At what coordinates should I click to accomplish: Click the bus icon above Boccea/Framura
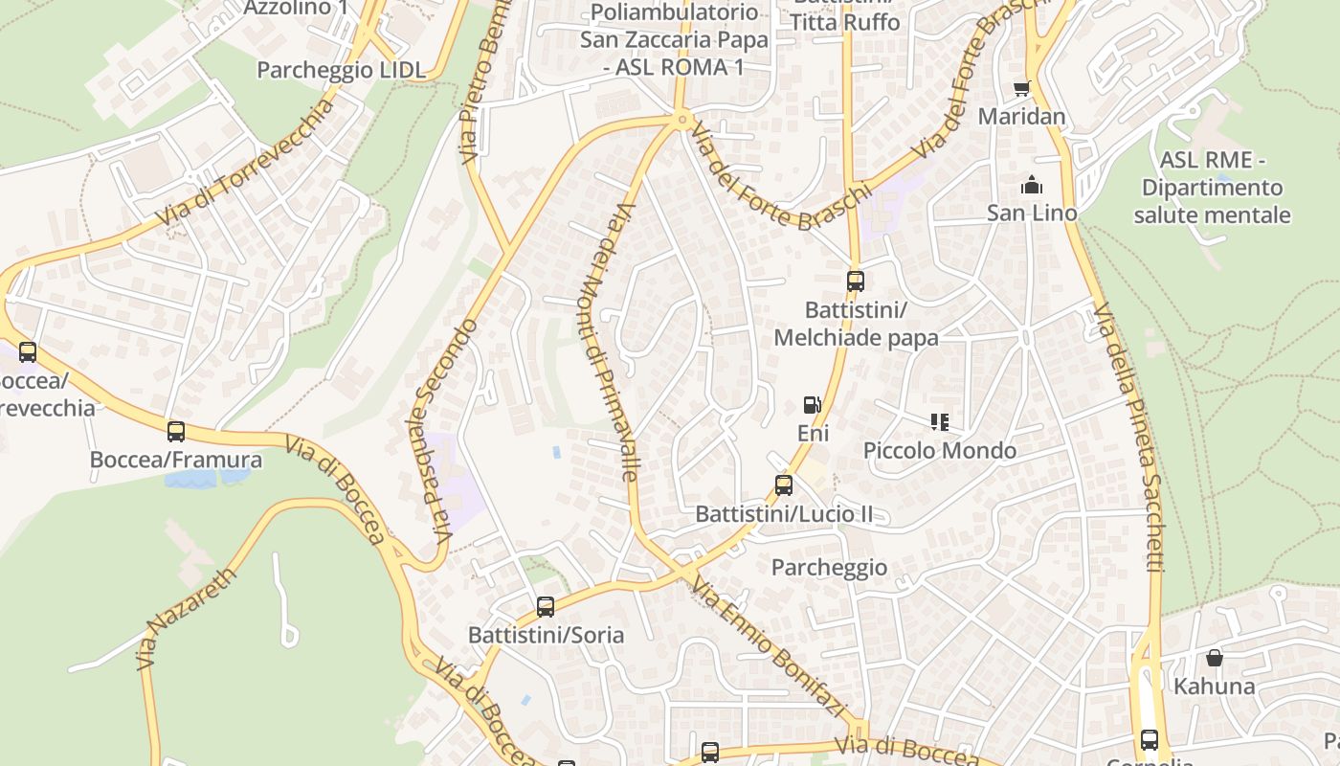click(175, 432)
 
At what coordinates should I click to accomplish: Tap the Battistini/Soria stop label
click(546, 635)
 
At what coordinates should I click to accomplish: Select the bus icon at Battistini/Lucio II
click(784, 485)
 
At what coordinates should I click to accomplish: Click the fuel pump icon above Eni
click(812, 405)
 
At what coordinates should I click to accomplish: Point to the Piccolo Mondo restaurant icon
click(939, 421)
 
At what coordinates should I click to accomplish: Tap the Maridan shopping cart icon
click(1021, 89)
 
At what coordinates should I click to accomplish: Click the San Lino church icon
click(1032, 185)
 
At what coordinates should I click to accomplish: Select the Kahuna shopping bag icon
click(1214, 658)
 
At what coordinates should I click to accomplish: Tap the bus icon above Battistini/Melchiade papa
click(855, 282)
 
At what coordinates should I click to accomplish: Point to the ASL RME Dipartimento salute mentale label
click(1212, 188)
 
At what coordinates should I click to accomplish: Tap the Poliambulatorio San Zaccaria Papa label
click(675, 39)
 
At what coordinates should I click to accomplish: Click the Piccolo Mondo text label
click(939, 450)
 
